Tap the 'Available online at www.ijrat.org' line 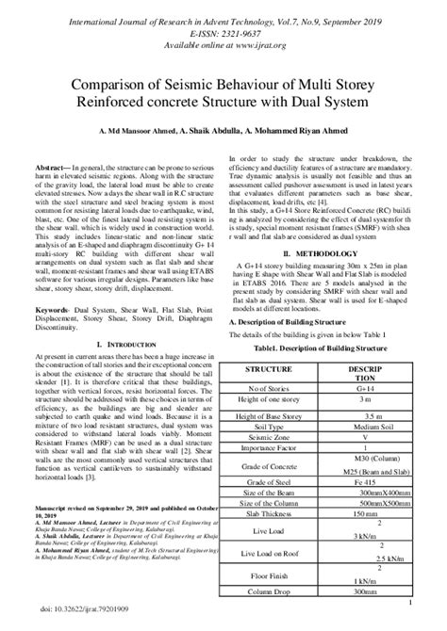223,42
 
